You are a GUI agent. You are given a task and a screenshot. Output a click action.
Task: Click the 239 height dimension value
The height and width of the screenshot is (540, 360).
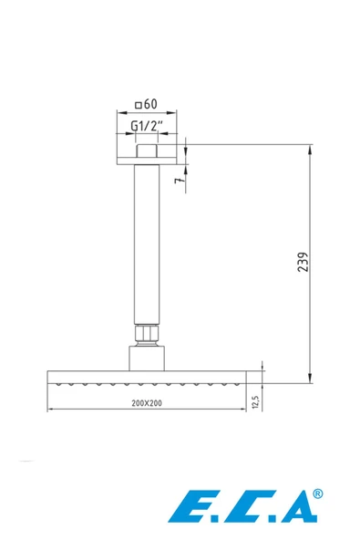point(303,262)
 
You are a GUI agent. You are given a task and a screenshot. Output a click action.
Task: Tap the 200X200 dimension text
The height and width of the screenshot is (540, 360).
point(147,403)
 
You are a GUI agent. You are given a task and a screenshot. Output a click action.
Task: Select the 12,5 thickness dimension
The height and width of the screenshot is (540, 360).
point(255,401)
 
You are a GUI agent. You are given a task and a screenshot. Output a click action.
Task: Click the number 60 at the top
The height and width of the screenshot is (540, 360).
point(150,104)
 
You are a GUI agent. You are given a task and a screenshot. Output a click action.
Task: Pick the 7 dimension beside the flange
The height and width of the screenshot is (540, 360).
point(179,180)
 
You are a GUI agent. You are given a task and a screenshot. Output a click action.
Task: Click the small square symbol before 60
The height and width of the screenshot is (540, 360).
point(139,105)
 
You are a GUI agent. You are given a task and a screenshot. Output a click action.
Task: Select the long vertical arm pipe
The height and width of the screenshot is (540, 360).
point(147,244)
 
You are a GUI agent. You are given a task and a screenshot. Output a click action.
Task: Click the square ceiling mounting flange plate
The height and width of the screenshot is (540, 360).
point(147,161)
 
